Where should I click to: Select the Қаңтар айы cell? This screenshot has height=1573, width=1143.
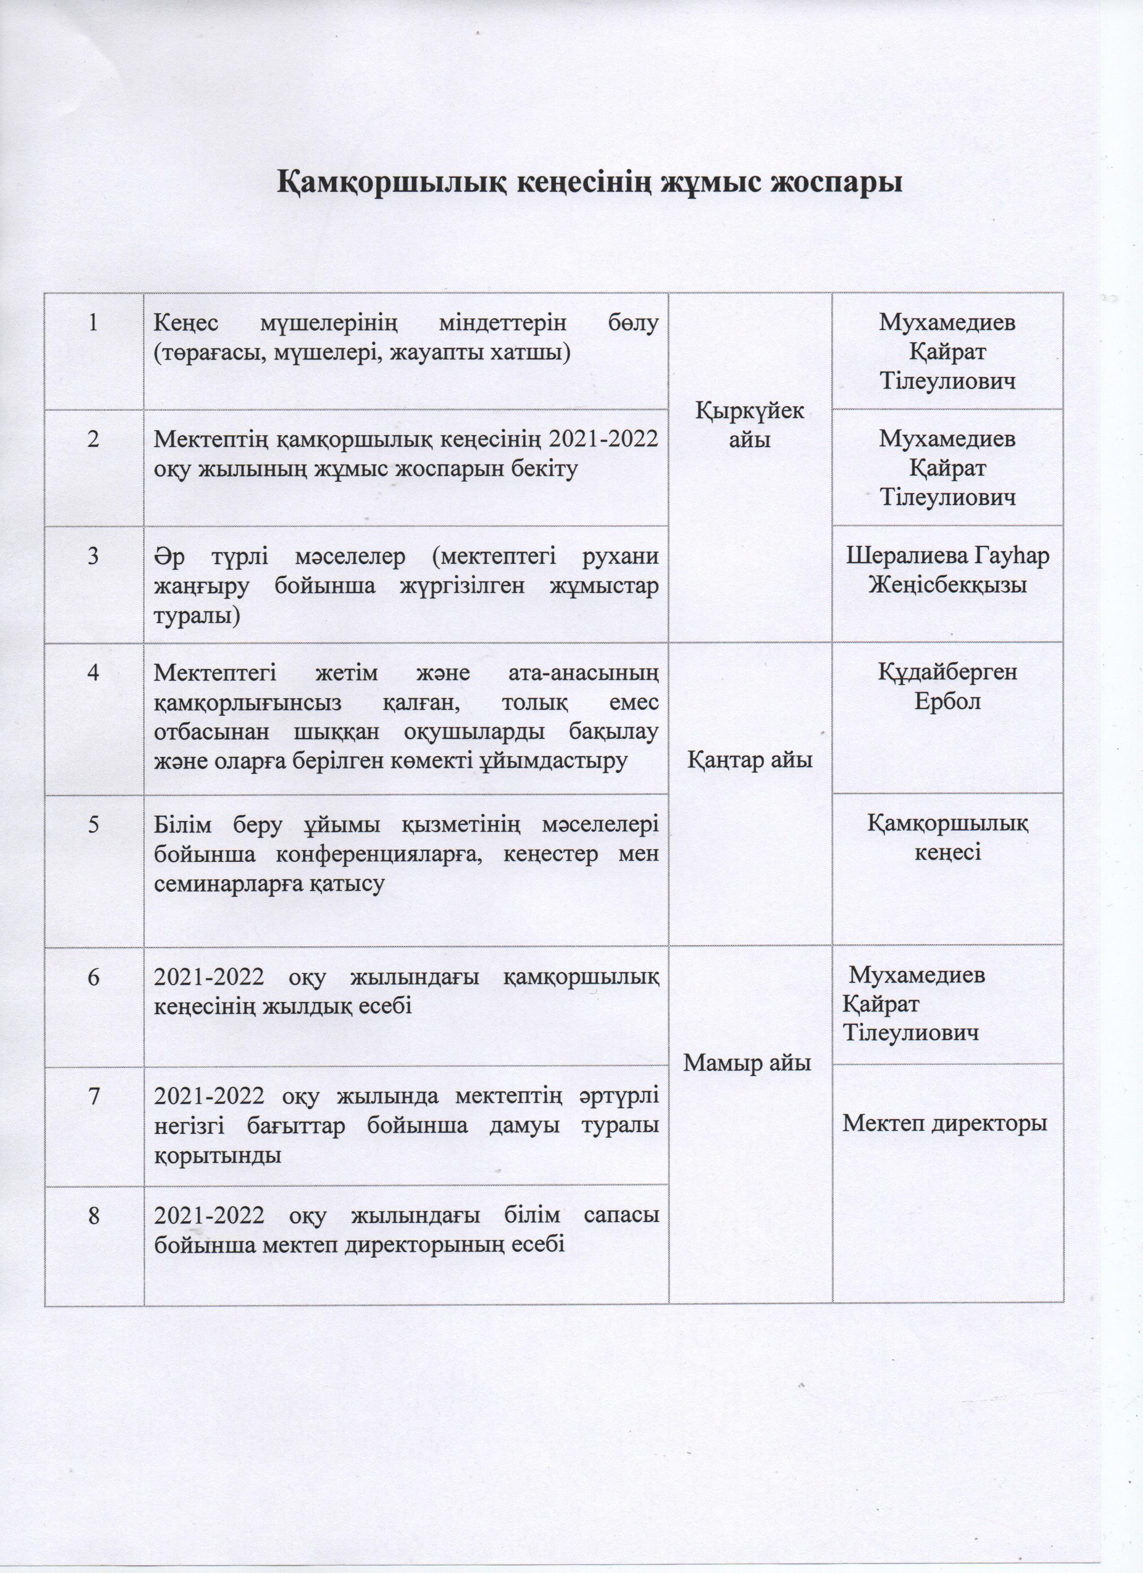(x=750, y=760)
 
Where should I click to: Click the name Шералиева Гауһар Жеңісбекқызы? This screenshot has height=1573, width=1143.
(x=948, y=570)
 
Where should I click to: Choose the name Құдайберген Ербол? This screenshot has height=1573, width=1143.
(x=948, y=687)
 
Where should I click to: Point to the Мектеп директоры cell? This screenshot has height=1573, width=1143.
(x=944, y=1124)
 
